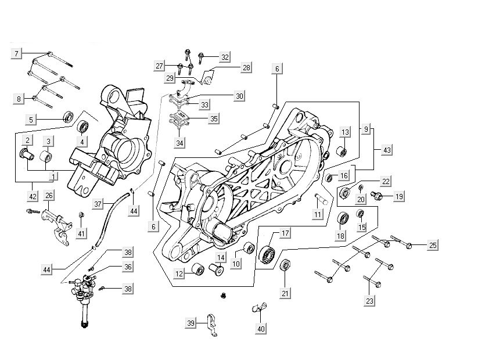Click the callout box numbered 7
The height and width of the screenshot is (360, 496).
[x=17, y=53]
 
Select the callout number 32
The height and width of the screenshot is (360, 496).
[x=225, y=57]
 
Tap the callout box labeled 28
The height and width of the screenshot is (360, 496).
[x=246, y=69]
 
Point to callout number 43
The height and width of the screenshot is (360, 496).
[x=387, y=149]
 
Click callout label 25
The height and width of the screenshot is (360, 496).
[x=433, y=245]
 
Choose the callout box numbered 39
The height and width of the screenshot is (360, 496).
[x=191, y=323]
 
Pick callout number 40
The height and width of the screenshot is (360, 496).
[x=261, y=329]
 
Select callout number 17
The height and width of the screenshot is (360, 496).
[x=285, y=233]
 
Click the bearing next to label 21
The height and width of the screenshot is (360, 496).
[x=285, y=266]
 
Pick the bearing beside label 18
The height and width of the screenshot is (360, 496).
[x=343, y=219]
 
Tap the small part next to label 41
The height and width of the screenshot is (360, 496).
[x=81, y=217]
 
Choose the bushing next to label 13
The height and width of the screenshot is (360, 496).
[x=343, y=152]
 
